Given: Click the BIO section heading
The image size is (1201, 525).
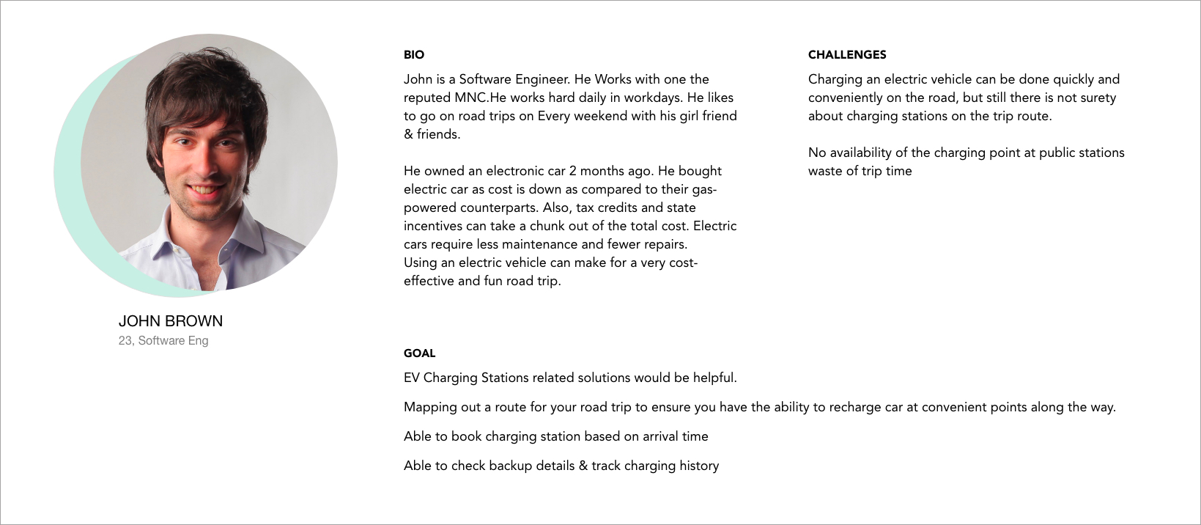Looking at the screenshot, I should point(414,55).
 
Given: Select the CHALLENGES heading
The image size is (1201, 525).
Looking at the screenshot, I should point(847,55).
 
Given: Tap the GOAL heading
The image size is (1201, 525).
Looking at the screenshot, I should point(419,353).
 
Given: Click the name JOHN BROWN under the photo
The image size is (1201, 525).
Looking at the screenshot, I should point(171,321).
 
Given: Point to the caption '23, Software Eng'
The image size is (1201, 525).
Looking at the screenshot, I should point(163,341).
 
